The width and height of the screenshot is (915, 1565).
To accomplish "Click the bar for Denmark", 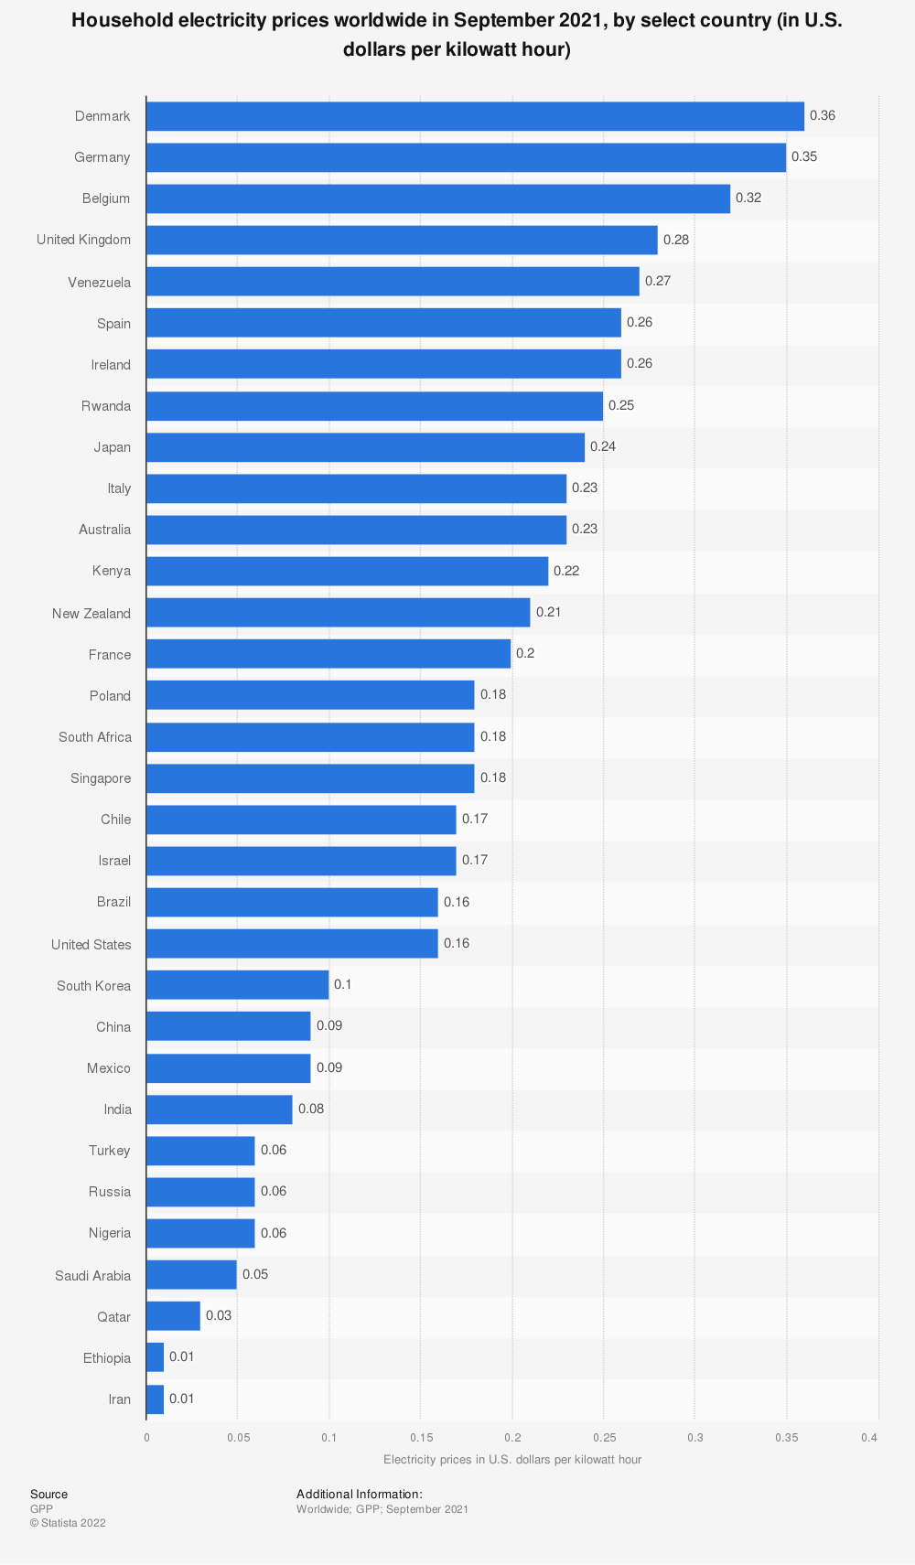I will coord(475,116).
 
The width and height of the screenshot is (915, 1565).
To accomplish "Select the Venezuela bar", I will coord(393,281).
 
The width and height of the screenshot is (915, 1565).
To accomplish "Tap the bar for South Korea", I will coord(237,985).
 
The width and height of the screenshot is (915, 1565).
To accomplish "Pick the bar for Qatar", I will coord(173,1316).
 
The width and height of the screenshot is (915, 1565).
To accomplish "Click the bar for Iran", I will coord(155,1399).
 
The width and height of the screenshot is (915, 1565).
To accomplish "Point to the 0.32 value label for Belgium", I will coord(748,198).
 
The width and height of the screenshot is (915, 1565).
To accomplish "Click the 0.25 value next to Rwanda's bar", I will coord(621,405).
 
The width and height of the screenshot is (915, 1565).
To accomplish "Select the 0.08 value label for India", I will coord(311,1109).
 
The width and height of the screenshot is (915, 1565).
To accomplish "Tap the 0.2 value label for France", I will coord(526,654).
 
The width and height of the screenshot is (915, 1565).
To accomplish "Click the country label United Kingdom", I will coord(83,240).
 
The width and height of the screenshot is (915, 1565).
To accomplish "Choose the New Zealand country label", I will coord(91,613).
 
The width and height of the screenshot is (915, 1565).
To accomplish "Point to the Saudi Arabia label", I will coord(92,1275).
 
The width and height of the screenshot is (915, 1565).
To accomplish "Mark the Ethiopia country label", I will coord(107,1357).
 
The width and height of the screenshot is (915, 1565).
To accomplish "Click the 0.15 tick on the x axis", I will coord(421,1437).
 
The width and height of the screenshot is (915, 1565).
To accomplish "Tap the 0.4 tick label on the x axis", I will coord(869,1437).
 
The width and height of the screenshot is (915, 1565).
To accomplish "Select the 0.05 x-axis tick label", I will coord(238,1437).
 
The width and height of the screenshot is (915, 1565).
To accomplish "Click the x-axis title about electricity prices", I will coord(512,1459).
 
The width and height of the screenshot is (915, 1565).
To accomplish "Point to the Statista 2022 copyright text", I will coord(68,1523).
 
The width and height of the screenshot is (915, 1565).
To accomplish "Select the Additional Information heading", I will coord(360,1495).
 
